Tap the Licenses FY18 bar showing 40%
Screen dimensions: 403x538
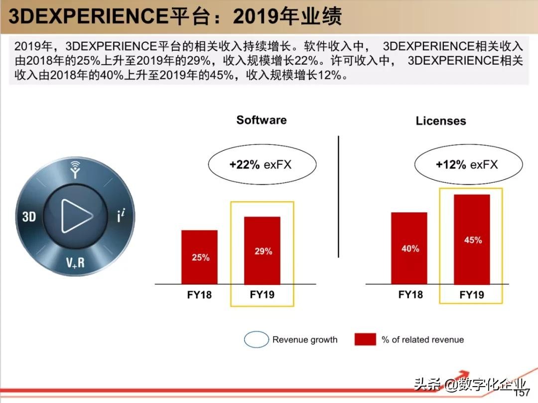[409, 248]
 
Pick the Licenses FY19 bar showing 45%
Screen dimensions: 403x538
[472, 239]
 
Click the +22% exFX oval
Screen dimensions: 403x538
[262, 165]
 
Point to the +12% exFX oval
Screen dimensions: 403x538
[468, 165]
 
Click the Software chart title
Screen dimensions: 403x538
[262, 120]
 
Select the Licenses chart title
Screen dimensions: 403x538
[441, 121]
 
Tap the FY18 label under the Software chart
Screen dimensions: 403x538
[199, 295]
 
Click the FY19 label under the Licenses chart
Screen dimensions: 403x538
[472, 295]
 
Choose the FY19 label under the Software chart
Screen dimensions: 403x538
[262, 294]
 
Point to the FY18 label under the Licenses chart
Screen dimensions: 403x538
[410, 294]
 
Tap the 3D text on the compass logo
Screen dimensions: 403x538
[29, 217]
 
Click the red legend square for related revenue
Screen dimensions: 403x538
[365, 340]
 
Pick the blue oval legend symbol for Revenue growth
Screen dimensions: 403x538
[256, 340]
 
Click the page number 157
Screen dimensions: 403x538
[522, 393]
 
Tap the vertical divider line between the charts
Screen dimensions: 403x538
[339, 197]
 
